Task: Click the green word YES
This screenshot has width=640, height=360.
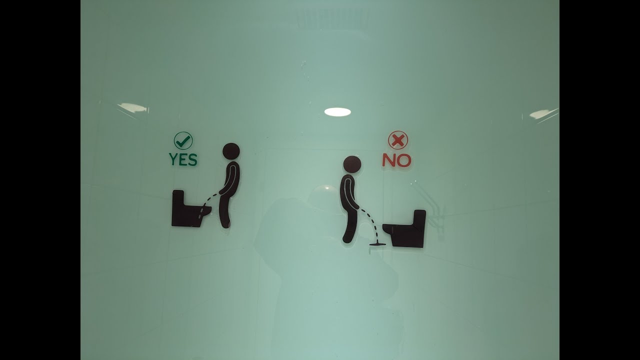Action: click(183, 159)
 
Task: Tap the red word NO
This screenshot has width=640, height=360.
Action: click(396, 160)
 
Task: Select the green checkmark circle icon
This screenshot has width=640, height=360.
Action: click(183, 140)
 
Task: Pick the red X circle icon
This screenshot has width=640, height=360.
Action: click(398, 140)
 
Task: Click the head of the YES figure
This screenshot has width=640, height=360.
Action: click(231, 151)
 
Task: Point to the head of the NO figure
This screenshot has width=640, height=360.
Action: click(352, 164)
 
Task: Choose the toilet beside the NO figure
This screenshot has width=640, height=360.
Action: click(405, 228)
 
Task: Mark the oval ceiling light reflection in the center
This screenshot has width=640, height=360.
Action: click(337, 112)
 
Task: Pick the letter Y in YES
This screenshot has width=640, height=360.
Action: click(173, 159)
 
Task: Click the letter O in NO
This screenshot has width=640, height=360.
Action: click(403, 160)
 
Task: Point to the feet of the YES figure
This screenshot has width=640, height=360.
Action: click(225, 224)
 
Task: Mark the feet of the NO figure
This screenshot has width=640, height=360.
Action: click(347, 239)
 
